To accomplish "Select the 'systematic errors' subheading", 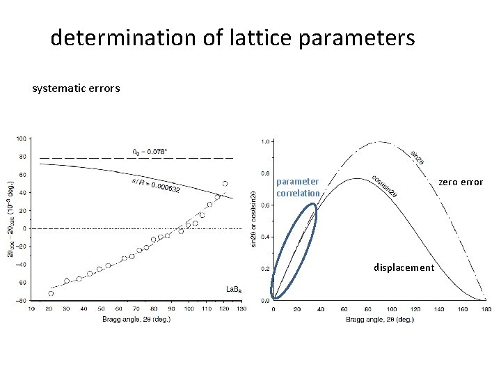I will (76, 88).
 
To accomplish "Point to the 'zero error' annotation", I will (460, 182).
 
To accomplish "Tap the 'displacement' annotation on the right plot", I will (404, 267).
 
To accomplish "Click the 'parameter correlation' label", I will (299, 187).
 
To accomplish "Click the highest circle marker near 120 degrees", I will (225, 184).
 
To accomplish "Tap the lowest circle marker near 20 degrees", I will (51, 293).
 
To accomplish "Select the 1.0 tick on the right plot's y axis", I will (265, 142).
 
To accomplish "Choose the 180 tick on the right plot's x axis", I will (486, 308).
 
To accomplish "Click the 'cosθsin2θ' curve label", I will (385, 185).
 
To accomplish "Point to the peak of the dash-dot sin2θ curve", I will (380, 142).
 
